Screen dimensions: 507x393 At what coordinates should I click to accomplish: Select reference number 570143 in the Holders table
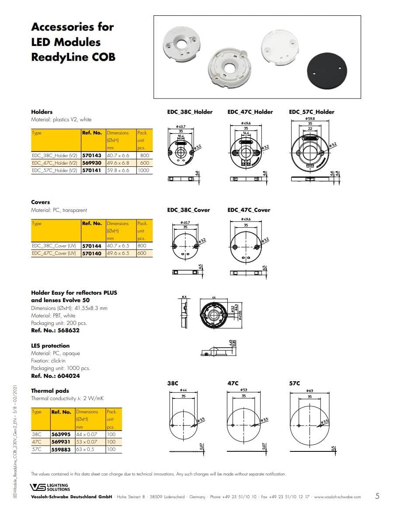point(92,155)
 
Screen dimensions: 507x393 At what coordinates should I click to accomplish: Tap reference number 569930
point(92,163)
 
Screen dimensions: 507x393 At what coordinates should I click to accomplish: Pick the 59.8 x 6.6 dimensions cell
point(118,170)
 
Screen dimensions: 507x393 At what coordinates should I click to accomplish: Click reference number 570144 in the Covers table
point(92,246)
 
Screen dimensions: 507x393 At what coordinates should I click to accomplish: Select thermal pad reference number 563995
point(61,434)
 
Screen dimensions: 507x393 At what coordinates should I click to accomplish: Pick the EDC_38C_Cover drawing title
point(188,210)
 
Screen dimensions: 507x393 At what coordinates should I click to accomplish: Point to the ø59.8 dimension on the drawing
point(310,119)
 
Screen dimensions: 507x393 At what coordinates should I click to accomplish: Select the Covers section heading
point(41,202)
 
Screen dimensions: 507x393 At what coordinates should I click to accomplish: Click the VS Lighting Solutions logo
point(49,487)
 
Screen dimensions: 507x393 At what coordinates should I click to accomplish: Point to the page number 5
point(377,496)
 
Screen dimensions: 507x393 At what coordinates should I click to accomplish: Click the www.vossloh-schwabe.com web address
point(337,497)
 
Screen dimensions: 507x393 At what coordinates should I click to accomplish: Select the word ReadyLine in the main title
point(52,57)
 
